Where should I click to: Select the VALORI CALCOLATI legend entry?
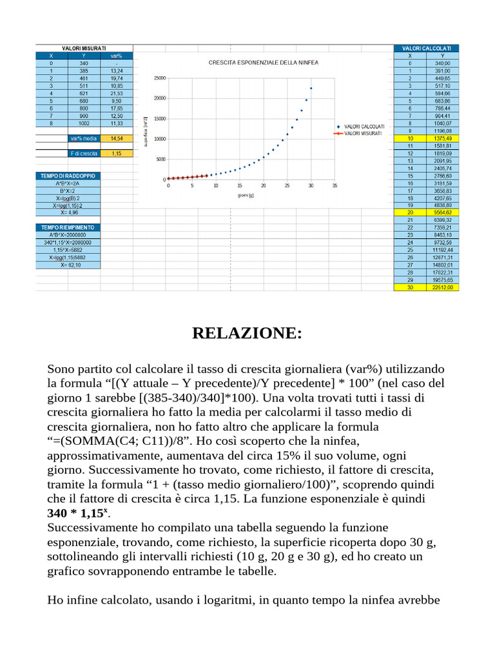tap(364, 127)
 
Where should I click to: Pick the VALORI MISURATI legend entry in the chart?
tap(363, 133)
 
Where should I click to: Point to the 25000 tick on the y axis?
tap(158, 78)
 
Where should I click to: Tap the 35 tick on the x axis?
tap(335, 186)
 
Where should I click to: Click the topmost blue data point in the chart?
tap(311, 88)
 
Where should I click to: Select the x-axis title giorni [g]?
tap(246, 195)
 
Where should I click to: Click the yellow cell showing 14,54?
tap(117, 138)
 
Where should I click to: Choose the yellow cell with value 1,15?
tap(117, 154)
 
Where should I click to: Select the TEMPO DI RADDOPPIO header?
tap(68, 176)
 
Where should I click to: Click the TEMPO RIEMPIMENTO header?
tap(68, 228)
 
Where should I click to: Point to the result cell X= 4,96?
tap(68, 212)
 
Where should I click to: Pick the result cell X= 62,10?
tap(68, 265)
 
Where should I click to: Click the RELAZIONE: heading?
tap(247, 334)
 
